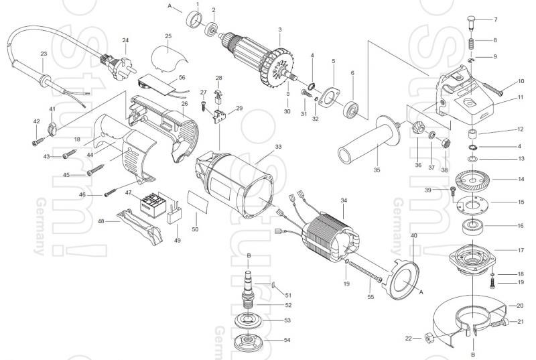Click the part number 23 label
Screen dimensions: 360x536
tap(44, 53)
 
